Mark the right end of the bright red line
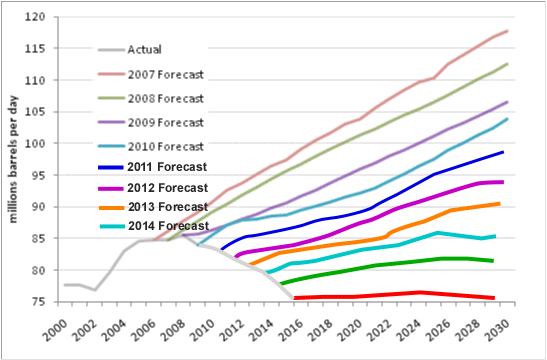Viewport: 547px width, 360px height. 494,298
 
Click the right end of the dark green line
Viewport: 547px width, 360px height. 494,261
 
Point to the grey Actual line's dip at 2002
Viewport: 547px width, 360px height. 94,290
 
